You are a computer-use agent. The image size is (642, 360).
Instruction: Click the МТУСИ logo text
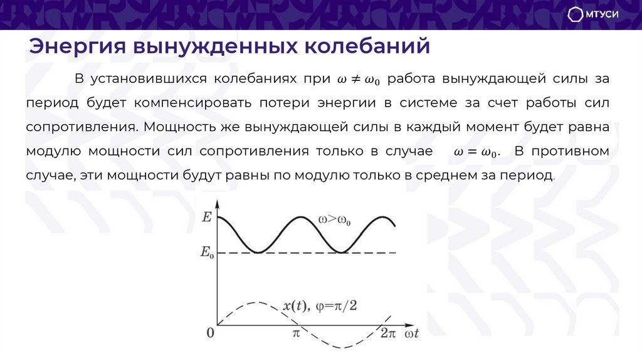click(604, 14)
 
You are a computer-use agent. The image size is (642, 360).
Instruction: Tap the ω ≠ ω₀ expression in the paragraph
click(359, 80)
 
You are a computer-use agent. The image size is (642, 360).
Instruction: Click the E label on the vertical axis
click(207, 218)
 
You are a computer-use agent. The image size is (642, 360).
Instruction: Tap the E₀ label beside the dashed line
click(206, 253)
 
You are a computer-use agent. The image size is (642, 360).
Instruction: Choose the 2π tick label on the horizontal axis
click(387, 334)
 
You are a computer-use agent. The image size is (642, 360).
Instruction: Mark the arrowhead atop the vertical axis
click(217, 203)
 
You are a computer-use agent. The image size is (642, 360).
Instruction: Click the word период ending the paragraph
click(530, 174)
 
